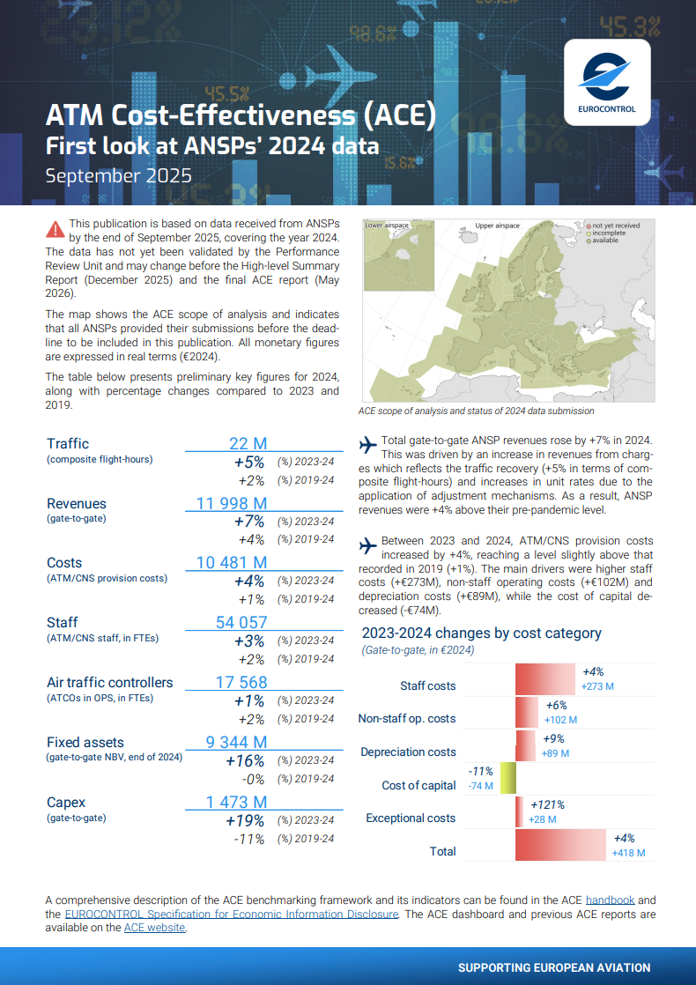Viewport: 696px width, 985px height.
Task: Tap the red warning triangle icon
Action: click(56, 229)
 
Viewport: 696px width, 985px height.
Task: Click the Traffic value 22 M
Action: click(248, 443)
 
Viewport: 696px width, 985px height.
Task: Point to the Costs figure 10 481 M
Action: click(232, 562)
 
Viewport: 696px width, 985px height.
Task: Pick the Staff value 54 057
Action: click(241, 622)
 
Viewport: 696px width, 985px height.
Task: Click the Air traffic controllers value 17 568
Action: click(241, 682)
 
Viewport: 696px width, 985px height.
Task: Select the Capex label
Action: click(64, 802)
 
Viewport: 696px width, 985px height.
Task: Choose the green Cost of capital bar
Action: click(507, 779)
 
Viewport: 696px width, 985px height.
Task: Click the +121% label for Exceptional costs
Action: click(546, 804)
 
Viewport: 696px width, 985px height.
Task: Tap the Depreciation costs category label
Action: click(408, 752)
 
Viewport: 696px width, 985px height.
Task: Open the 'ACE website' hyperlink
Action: click(154, 927)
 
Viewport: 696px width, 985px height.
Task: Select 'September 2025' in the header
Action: click(118, 175)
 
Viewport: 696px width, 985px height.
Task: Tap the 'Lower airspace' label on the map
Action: click(387, 226)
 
